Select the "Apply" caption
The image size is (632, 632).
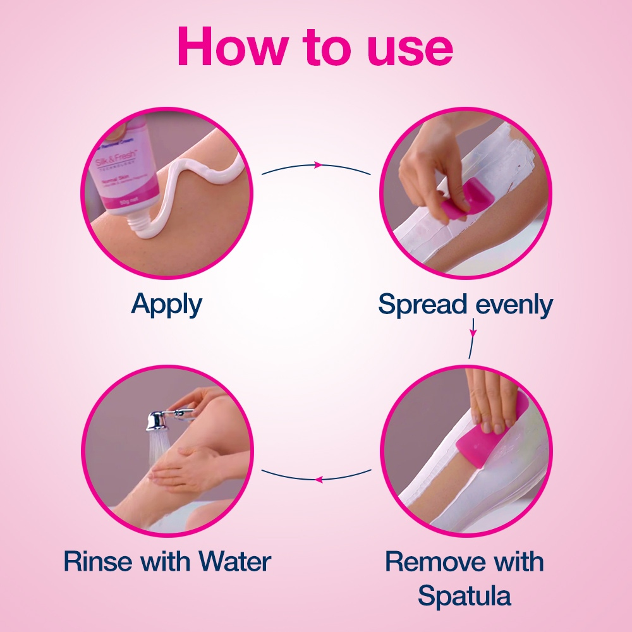point(167,305)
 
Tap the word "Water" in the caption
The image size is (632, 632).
point(234,561)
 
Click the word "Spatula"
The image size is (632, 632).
point(465,595)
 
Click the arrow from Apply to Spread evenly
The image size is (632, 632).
point(317,166)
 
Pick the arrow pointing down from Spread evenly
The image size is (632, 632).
point(473,332)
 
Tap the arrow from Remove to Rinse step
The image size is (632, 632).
point(317,478)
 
